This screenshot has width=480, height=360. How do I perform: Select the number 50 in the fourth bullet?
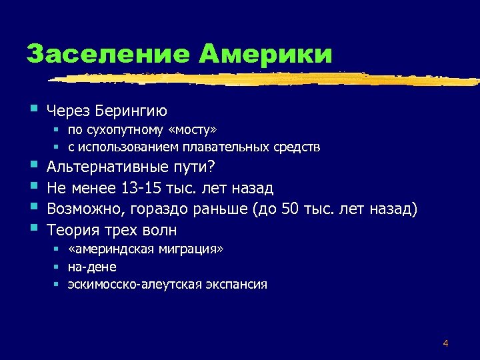[292, 209]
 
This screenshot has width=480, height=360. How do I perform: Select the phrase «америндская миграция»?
[146, 249]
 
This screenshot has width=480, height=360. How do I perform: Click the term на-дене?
[92, 267]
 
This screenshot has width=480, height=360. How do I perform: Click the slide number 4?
[445, 344]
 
